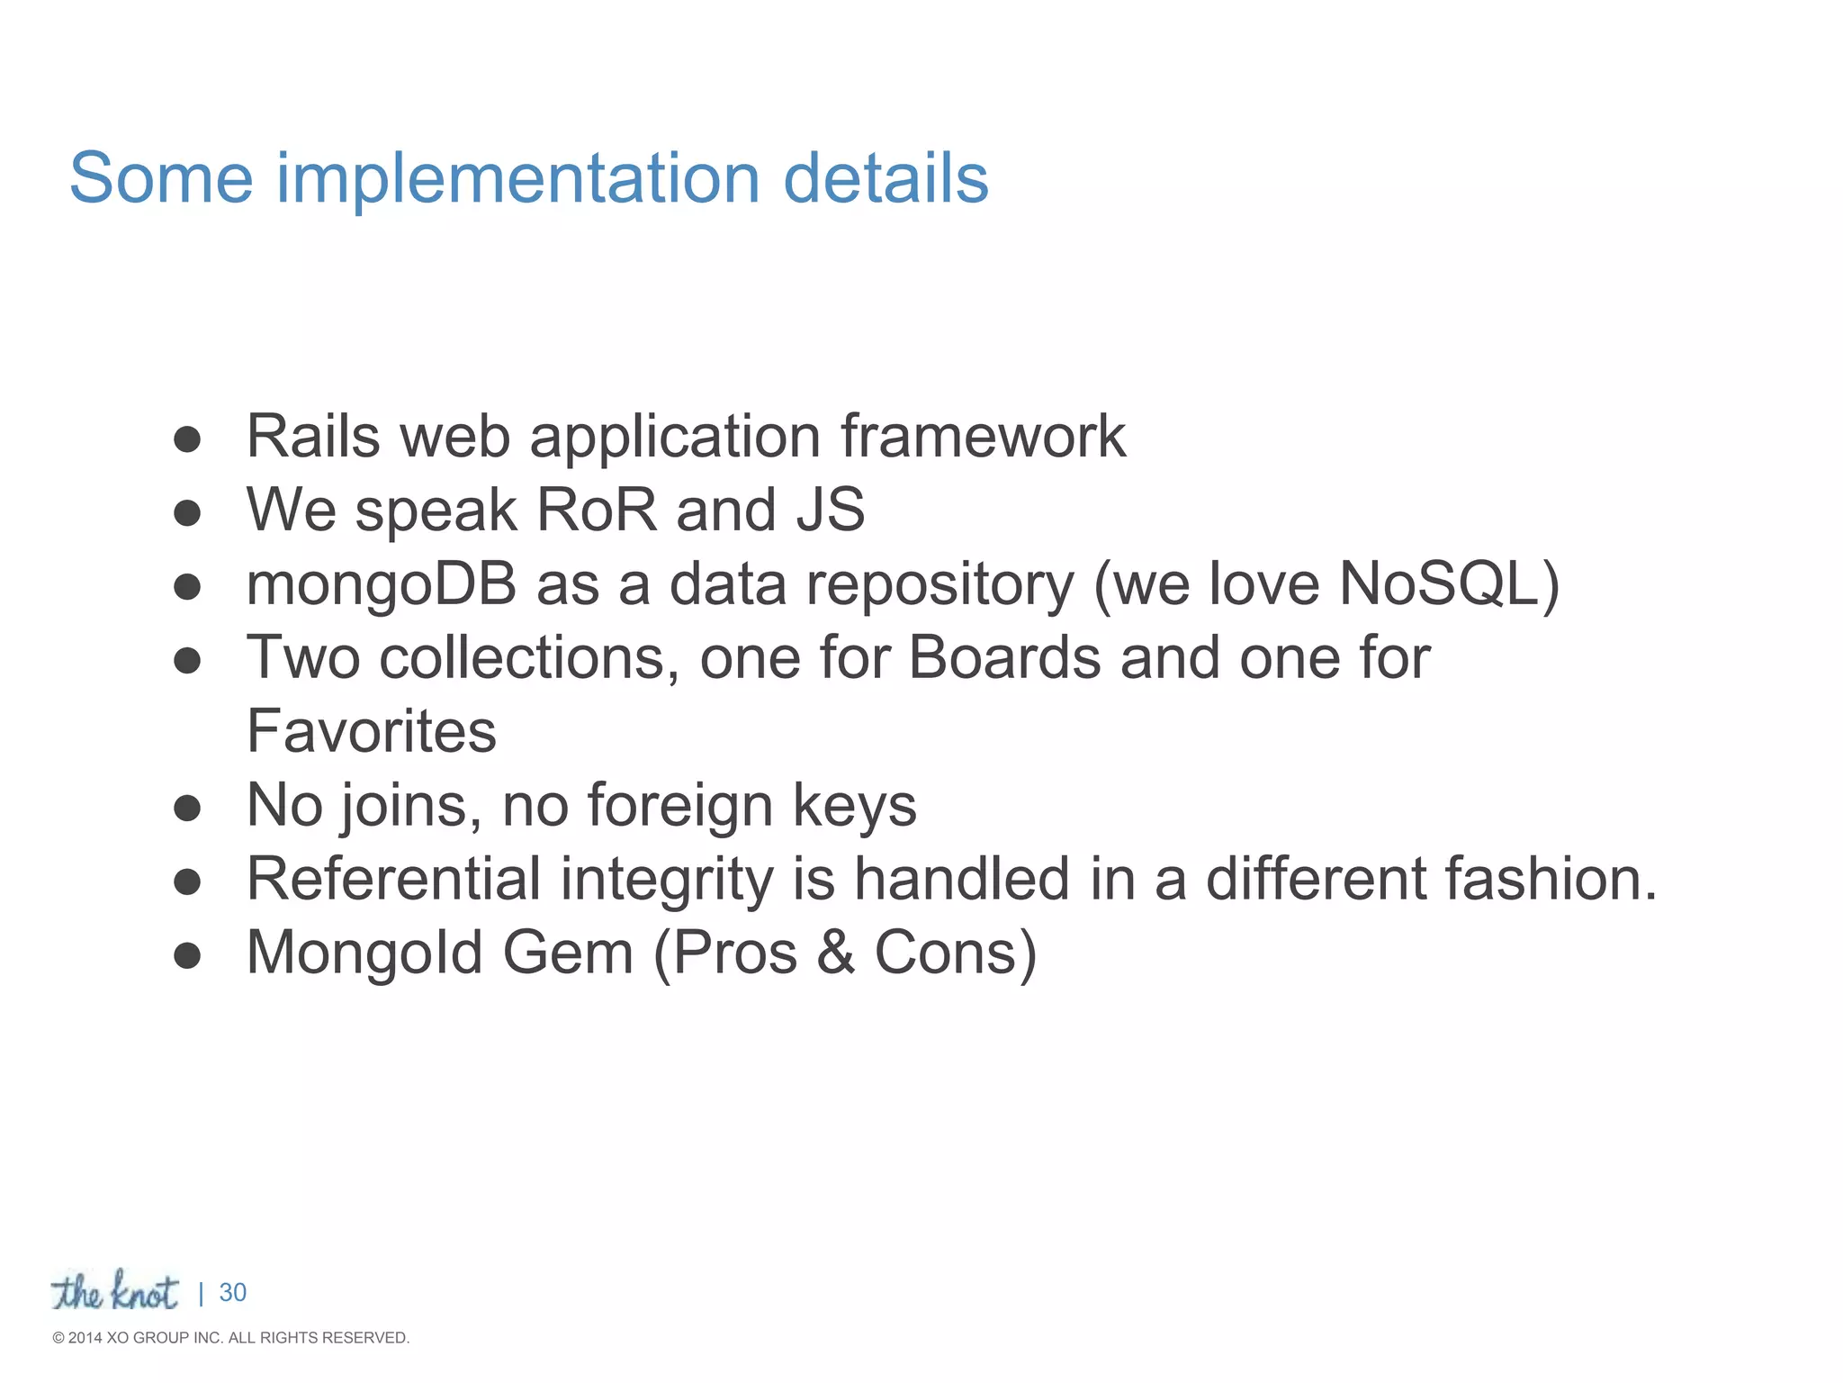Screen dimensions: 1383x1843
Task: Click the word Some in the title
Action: coord(162,178)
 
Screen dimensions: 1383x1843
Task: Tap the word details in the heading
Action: coord(886,178)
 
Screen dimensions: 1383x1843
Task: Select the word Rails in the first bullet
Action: coord(313,437)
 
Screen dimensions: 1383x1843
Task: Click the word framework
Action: coord(983,437)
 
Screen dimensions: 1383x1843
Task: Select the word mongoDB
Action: coord(382,585)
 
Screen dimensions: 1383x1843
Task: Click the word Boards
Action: coord(1004,657)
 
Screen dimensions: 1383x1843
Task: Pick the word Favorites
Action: coord(371,731)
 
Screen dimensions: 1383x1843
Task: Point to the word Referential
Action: coord(393,879)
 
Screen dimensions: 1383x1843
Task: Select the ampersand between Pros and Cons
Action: coord(836,953)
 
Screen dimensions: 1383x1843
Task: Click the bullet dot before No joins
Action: coord(187,808)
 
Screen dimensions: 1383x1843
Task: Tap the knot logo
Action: coord(114,1291)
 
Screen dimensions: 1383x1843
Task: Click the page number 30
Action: coord(232,1293)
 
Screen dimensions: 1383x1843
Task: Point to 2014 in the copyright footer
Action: coord(85,1338)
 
